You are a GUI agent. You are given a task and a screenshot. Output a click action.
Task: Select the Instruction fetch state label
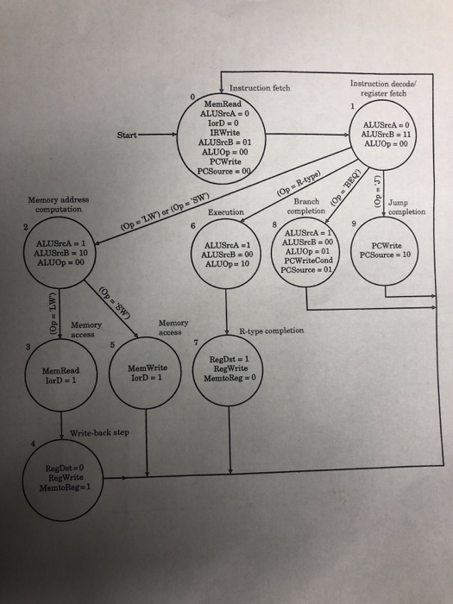pyautogui.click(x=259, y=88)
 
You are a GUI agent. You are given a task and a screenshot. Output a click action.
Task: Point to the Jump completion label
pyautogui.click(x=407, y=208)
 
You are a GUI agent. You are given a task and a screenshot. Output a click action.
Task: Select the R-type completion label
pyautogui.click(x=272, y=330)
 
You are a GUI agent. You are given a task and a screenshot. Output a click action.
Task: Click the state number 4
pyautogui.click(x=33, y=444)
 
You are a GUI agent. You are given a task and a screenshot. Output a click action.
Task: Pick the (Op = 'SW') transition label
pyautogui.click(x=117, y=301)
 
